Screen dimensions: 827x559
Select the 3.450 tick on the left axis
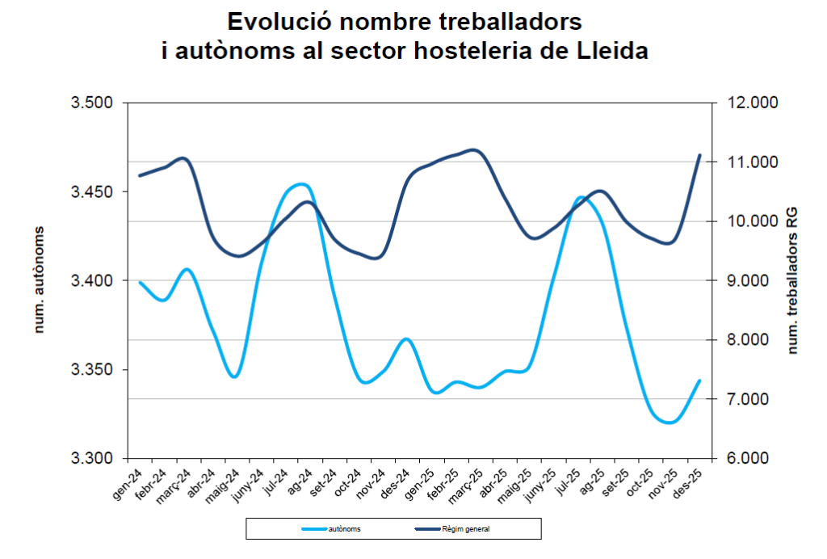[92, 192]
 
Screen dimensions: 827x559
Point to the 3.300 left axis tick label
[92, 458]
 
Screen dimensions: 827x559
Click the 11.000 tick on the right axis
[753, 162]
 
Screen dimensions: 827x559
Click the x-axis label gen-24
[128, 484]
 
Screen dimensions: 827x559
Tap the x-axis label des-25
[688, 484]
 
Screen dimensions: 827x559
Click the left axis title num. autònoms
[39, 280]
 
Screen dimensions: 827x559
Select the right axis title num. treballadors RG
[793, 280]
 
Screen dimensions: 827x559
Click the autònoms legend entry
[331, 529]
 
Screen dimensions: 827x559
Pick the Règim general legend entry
[452, 529]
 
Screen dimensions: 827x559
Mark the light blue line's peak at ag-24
[302, 184]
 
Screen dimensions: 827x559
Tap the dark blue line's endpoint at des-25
[700, 155]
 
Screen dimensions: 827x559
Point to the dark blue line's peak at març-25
[473, 150]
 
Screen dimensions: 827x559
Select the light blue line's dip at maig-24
[235, 376]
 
